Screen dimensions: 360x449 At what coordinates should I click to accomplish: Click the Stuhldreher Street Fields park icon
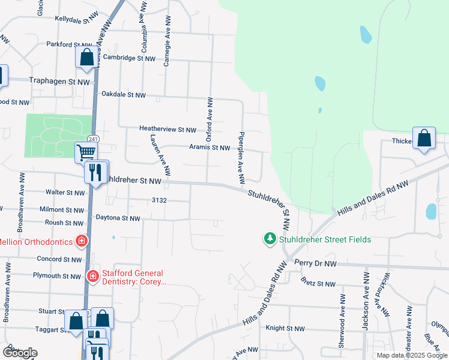pos(270,239)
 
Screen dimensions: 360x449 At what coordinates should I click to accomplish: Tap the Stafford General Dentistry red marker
pos(93,276)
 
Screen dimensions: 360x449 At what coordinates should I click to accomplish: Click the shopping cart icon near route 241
pos(86,152)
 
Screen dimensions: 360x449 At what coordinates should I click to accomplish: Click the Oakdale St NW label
pos(123,95)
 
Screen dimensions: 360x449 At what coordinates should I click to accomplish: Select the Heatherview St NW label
pos(167,129)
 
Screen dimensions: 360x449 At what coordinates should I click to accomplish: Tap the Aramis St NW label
pos(209,147)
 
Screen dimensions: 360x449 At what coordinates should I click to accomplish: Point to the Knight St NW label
pos(285,329)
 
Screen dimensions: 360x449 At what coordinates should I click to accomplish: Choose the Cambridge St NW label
pos(129,58)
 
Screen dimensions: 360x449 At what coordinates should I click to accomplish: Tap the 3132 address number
pos(158,200)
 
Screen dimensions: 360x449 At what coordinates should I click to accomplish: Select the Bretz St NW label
pos(319,283)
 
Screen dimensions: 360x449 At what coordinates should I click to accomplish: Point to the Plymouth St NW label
pos(58,276)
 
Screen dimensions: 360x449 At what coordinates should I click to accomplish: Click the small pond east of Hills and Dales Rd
pos(431,211)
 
